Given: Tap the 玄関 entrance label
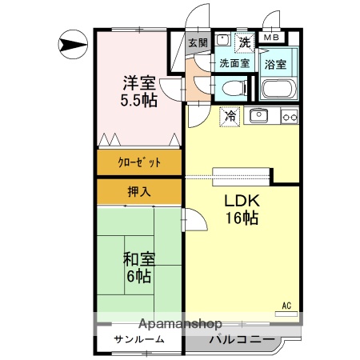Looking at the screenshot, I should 198,42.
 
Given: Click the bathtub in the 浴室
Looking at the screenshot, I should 279,90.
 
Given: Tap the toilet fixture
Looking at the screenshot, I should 232,87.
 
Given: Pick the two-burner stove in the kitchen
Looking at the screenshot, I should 289,117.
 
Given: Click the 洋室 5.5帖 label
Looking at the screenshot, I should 138,91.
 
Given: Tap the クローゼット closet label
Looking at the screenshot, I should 140,162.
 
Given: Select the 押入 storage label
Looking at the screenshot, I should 139,191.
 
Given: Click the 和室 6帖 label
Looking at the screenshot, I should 138,268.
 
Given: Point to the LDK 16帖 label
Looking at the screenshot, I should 241,208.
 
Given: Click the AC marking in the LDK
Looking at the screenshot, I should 286,305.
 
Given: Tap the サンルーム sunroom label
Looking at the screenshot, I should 139,339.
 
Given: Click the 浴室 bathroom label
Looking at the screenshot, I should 279,62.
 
